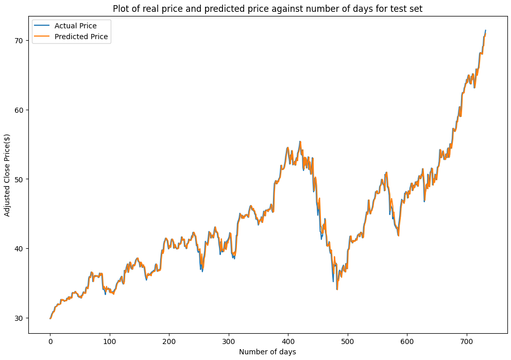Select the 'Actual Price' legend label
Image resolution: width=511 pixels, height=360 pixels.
click(x=75, y=26)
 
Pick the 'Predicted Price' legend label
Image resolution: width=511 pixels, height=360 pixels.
click(x=81, y=37)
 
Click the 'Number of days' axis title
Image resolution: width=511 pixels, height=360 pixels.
click(x=268, y=352)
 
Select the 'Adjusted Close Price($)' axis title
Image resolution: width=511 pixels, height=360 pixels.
click(x=7, y=175)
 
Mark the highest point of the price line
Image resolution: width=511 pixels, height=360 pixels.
click(x=485, y=30)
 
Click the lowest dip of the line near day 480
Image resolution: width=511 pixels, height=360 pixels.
click(x=337, y=289)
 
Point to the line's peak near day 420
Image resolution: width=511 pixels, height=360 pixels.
click(x=300, y=142)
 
